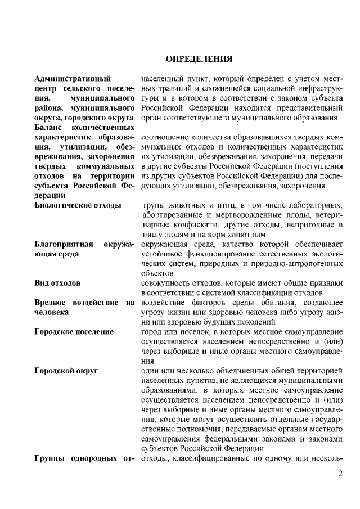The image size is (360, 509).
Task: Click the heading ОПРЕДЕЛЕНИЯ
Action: coord(199,58)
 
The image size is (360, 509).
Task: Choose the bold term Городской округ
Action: coord(66,371)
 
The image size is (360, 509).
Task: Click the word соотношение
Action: coord(164,137)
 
